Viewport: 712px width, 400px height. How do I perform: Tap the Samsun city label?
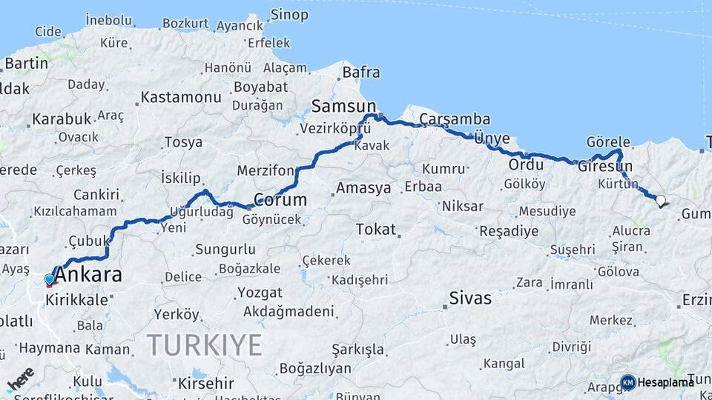(343, 105)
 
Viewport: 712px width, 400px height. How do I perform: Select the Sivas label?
(470, 299)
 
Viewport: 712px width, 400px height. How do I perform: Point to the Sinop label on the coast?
(289, 14)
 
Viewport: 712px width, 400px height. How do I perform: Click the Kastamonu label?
(181, 97)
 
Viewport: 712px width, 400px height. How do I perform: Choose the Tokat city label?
(376, 230)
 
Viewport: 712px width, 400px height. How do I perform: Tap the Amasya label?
(363, 188)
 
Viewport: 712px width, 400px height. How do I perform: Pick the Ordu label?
(527, 164)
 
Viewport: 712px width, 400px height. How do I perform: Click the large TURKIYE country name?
(204, 344)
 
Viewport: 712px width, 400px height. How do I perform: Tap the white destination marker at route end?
(661, 199)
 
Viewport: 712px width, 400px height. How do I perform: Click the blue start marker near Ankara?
(50, 279)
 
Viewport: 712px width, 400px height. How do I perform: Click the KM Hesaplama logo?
(657, 382)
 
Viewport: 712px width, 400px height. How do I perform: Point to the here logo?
(20, 379)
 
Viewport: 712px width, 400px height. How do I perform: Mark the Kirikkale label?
(77, 300)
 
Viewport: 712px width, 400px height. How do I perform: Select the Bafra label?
(361, 73)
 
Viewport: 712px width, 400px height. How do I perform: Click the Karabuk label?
(62, 119)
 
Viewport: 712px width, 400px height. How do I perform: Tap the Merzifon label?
(266, 171)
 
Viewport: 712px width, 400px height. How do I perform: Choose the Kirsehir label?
(206, 384)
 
